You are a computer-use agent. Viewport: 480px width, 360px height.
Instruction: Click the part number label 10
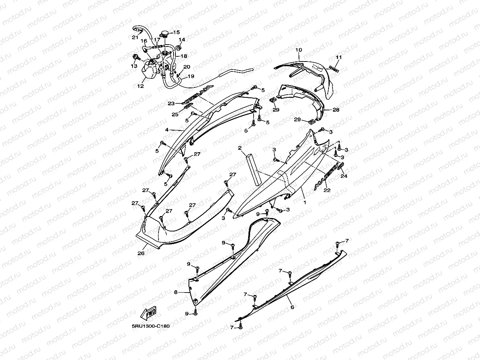click(x=299, y=50)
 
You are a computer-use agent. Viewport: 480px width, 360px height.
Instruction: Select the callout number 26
click(x=140, y=253)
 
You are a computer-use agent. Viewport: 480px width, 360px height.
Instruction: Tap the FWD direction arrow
click(x=148, y=314)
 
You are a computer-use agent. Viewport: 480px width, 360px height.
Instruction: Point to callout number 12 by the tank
click(x=141, y=85)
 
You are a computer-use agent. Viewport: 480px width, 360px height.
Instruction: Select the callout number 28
click(x=336, y=110)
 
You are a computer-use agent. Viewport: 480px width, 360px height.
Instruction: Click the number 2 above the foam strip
click(x=239, y=148)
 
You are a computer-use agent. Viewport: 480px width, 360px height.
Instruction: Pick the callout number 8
click(x=176, y=292)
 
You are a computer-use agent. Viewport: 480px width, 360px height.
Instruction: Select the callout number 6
click(x=292, y=307)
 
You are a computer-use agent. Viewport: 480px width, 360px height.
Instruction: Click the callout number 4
click(x=167, y=130)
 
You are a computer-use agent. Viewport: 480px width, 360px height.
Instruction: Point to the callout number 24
click(x=344, y=176)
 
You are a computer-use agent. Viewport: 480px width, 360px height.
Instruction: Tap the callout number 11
click(x=338, y=57)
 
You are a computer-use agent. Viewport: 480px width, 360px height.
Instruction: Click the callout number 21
click(x=135, y=37)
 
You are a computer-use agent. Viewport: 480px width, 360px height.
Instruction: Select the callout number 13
click(x=134, y=66)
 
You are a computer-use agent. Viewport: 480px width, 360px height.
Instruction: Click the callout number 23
click(x=171, y=104)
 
